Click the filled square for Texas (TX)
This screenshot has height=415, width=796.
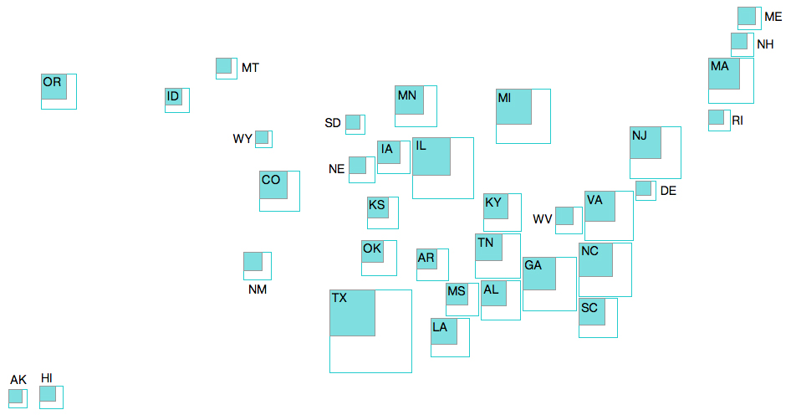(352, 313)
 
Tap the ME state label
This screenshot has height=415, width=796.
(773, 17)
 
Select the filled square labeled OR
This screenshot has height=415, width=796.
(54, 86)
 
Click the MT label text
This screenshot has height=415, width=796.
(250, 68)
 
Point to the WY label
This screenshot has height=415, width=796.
(242, 139)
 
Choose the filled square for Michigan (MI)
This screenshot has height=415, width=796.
(513, 106)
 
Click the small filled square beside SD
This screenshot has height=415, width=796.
(353, 122)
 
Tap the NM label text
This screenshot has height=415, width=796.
(258, 289)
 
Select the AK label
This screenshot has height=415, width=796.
(18, 380)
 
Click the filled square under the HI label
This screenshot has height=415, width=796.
(48, 394)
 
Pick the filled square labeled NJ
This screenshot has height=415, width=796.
(645, 143)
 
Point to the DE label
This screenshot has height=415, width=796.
(668, 191)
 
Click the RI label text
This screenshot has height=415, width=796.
(737, 120)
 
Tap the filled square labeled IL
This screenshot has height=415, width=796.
(431, 156)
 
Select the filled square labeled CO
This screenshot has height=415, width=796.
(273, 185)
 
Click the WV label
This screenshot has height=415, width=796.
(542, 219)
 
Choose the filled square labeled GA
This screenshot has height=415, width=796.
(539, 274)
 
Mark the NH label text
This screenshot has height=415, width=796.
(765, 44)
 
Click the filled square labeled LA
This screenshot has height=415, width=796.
(444, 331)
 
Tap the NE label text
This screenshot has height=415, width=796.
(337, 169)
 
